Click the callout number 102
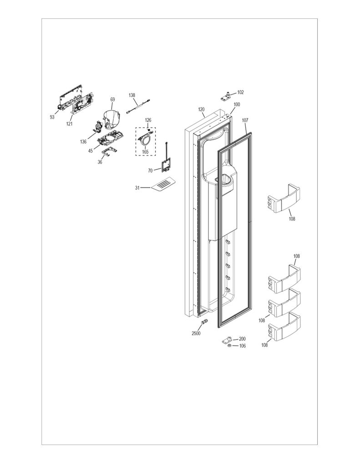coord(240,92)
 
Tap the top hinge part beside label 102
coord(227,96)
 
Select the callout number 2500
coord(196,333)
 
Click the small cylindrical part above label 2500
coord(203,322)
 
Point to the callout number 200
coord(242,339)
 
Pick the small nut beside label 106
coord(229,346)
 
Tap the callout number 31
coord(137,188)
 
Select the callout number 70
coord(151,171)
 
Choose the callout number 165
coord(145,152)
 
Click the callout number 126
coord(148,120)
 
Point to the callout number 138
coord(132,95)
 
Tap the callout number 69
coord(112,99)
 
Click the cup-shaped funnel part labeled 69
coord(112,120)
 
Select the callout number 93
coord(52,117)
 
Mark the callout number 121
coord(69,124)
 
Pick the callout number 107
coord(245,120)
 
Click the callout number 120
coord(201,109)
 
